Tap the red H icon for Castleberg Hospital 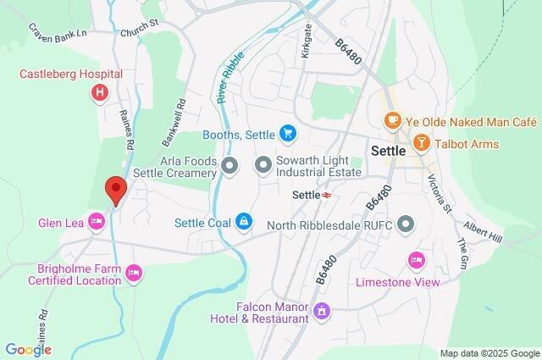pyautogui.click(x=101, y=91)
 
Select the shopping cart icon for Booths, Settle pyautogui.click(x=288, y=133)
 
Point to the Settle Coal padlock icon pyautogui.click(x=244, y=223)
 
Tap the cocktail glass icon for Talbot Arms pyautogui.click(x=421, y=144)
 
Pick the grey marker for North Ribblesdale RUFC pyautogui.click(x=406, y=224)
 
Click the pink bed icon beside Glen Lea pyautogui.click(x=97, y=222)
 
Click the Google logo pyautogui.click(x=28, y=349)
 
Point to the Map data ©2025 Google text pyautogui.click(x=489, y=352)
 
